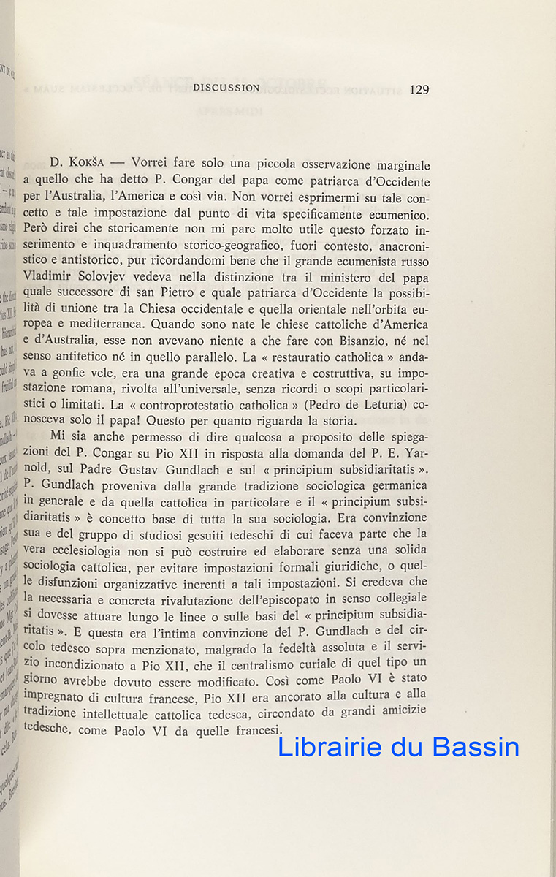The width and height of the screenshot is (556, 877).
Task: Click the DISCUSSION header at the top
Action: pyautogui.click(x=226, y=88)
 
